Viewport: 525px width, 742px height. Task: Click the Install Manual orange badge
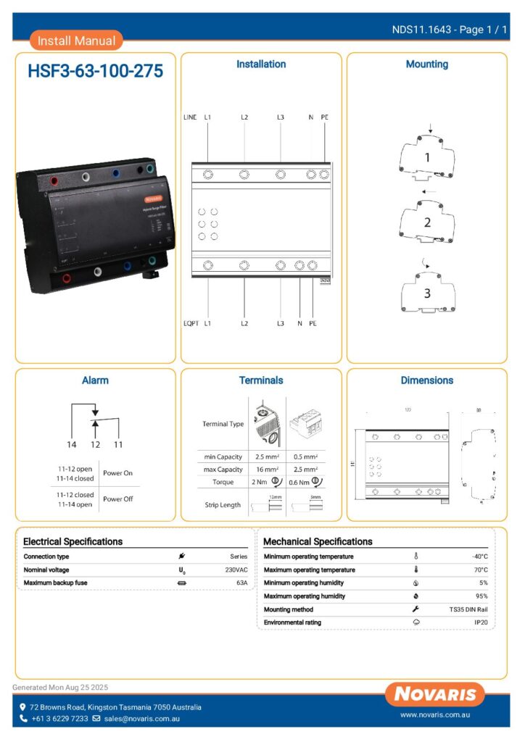coord(76,41)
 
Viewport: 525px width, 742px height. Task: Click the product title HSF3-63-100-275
coord(95,71)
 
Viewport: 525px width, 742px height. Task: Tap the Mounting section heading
coord(426,64)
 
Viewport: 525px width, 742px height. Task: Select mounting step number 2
coord(427,222)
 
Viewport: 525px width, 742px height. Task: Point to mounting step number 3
coord(427,293)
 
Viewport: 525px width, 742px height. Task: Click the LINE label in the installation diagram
coord(189,117)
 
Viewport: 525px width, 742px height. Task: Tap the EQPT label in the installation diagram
coord(191,323)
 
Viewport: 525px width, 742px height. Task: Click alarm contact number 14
coord(72,444)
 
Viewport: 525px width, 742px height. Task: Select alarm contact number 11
coord(117,444)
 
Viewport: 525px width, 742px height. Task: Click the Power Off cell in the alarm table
coord(118,499)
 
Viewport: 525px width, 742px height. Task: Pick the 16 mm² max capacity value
coord(268,470)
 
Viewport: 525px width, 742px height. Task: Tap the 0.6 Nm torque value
coord(299,483)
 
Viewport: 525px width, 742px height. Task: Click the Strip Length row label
coord(222,505)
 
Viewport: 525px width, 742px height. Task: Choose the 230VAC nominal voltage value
coord(236,570)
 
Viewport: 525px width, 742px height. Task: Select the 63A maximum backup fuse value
coord(241,583)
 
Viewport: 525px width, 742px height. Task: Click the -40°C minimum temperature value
coord(479,556)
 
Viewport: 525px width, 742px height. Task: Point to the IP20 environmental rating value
coord(481,622)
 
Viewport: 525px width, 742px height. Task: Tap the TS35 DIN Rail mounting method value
coord(468,609)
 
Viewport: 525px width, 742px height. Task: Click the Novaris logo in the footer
coord(435,694)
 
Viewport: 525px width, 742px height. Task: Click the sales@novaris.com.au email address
coord(141,719)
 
